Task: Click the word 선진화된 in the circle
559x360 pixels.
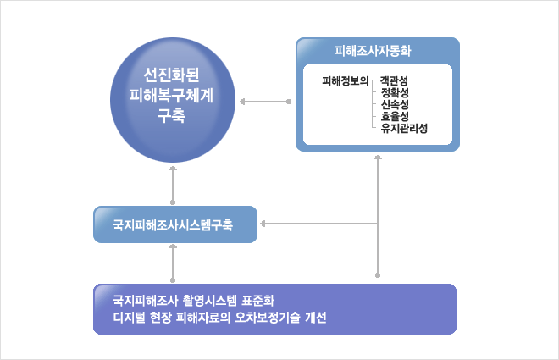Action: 171,75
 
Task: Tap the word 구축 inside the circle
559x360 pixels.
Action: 171,115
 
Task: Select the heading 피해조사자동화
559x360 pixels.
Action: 373,51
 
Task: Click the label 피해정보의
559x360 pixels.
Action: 345,81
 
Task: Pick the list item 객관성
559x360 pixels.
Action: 394,80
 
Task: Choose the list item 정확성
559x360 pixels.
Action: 395,92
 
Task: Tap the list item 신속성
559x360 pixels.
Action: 395,104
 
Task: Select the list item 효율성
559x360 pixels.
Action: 395,116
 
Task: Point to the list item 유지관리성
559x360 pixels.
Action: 404,128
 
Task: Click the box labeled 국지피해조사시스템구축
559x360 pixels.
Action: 175,224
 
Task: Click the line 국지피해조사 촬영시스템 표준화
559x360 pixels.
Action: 194,301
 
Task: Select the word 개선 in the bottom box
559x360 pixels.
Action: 316,318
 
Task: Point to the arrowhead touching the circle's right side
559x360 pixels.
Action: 242,102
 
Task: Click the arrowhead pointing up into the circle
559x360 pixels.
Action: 173,168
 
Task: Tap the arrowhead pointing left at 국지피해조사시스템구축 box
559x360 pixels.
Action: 263,224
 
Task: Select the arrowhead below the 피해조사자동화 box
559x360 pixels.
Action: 378,158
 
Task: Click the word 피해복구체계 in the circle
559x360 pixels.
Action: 171,95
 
